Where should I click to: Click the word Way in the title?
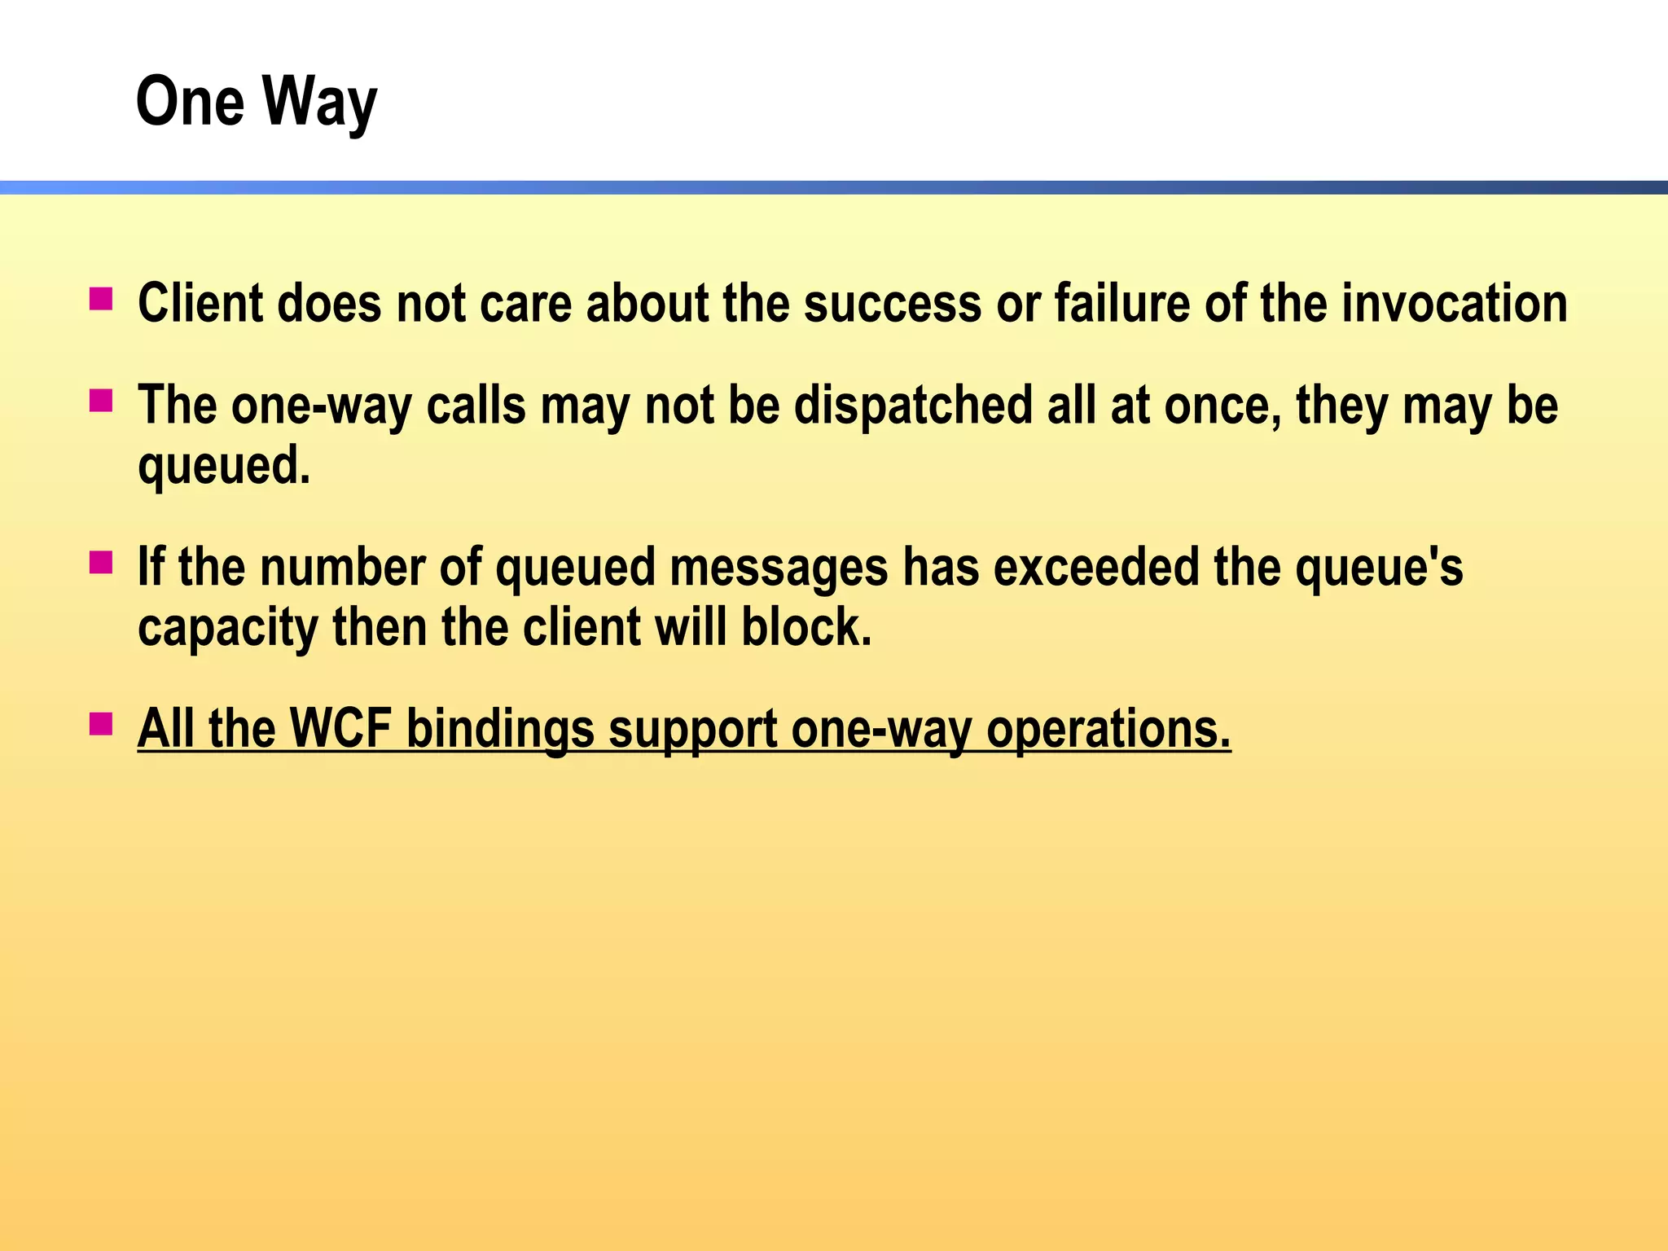tap(320, 103)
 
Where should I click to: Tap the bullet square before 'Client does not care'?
tap(101, 300)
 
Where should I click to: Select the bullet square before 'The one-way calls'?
tap(101, 402)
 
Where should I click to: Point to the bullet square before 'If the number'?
tap(101, 563)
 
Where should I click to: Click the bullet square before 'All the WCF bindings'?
tap(101, 724)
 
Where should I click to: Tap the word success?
tap(893, 303)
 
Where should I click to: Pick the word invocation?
tap(1455, 303)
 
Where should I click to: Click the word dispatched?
tap(913, 405)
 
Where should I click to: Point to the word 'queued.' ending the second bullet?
tap(224, 466)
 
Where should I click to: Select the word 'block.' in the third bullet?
tap(806, 628)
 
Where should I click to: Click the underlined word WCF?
tap(341, 728)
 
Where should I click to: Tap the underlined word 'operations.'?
tap(1108, 728)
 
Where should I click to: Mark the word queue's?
tap(1379, 567)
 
